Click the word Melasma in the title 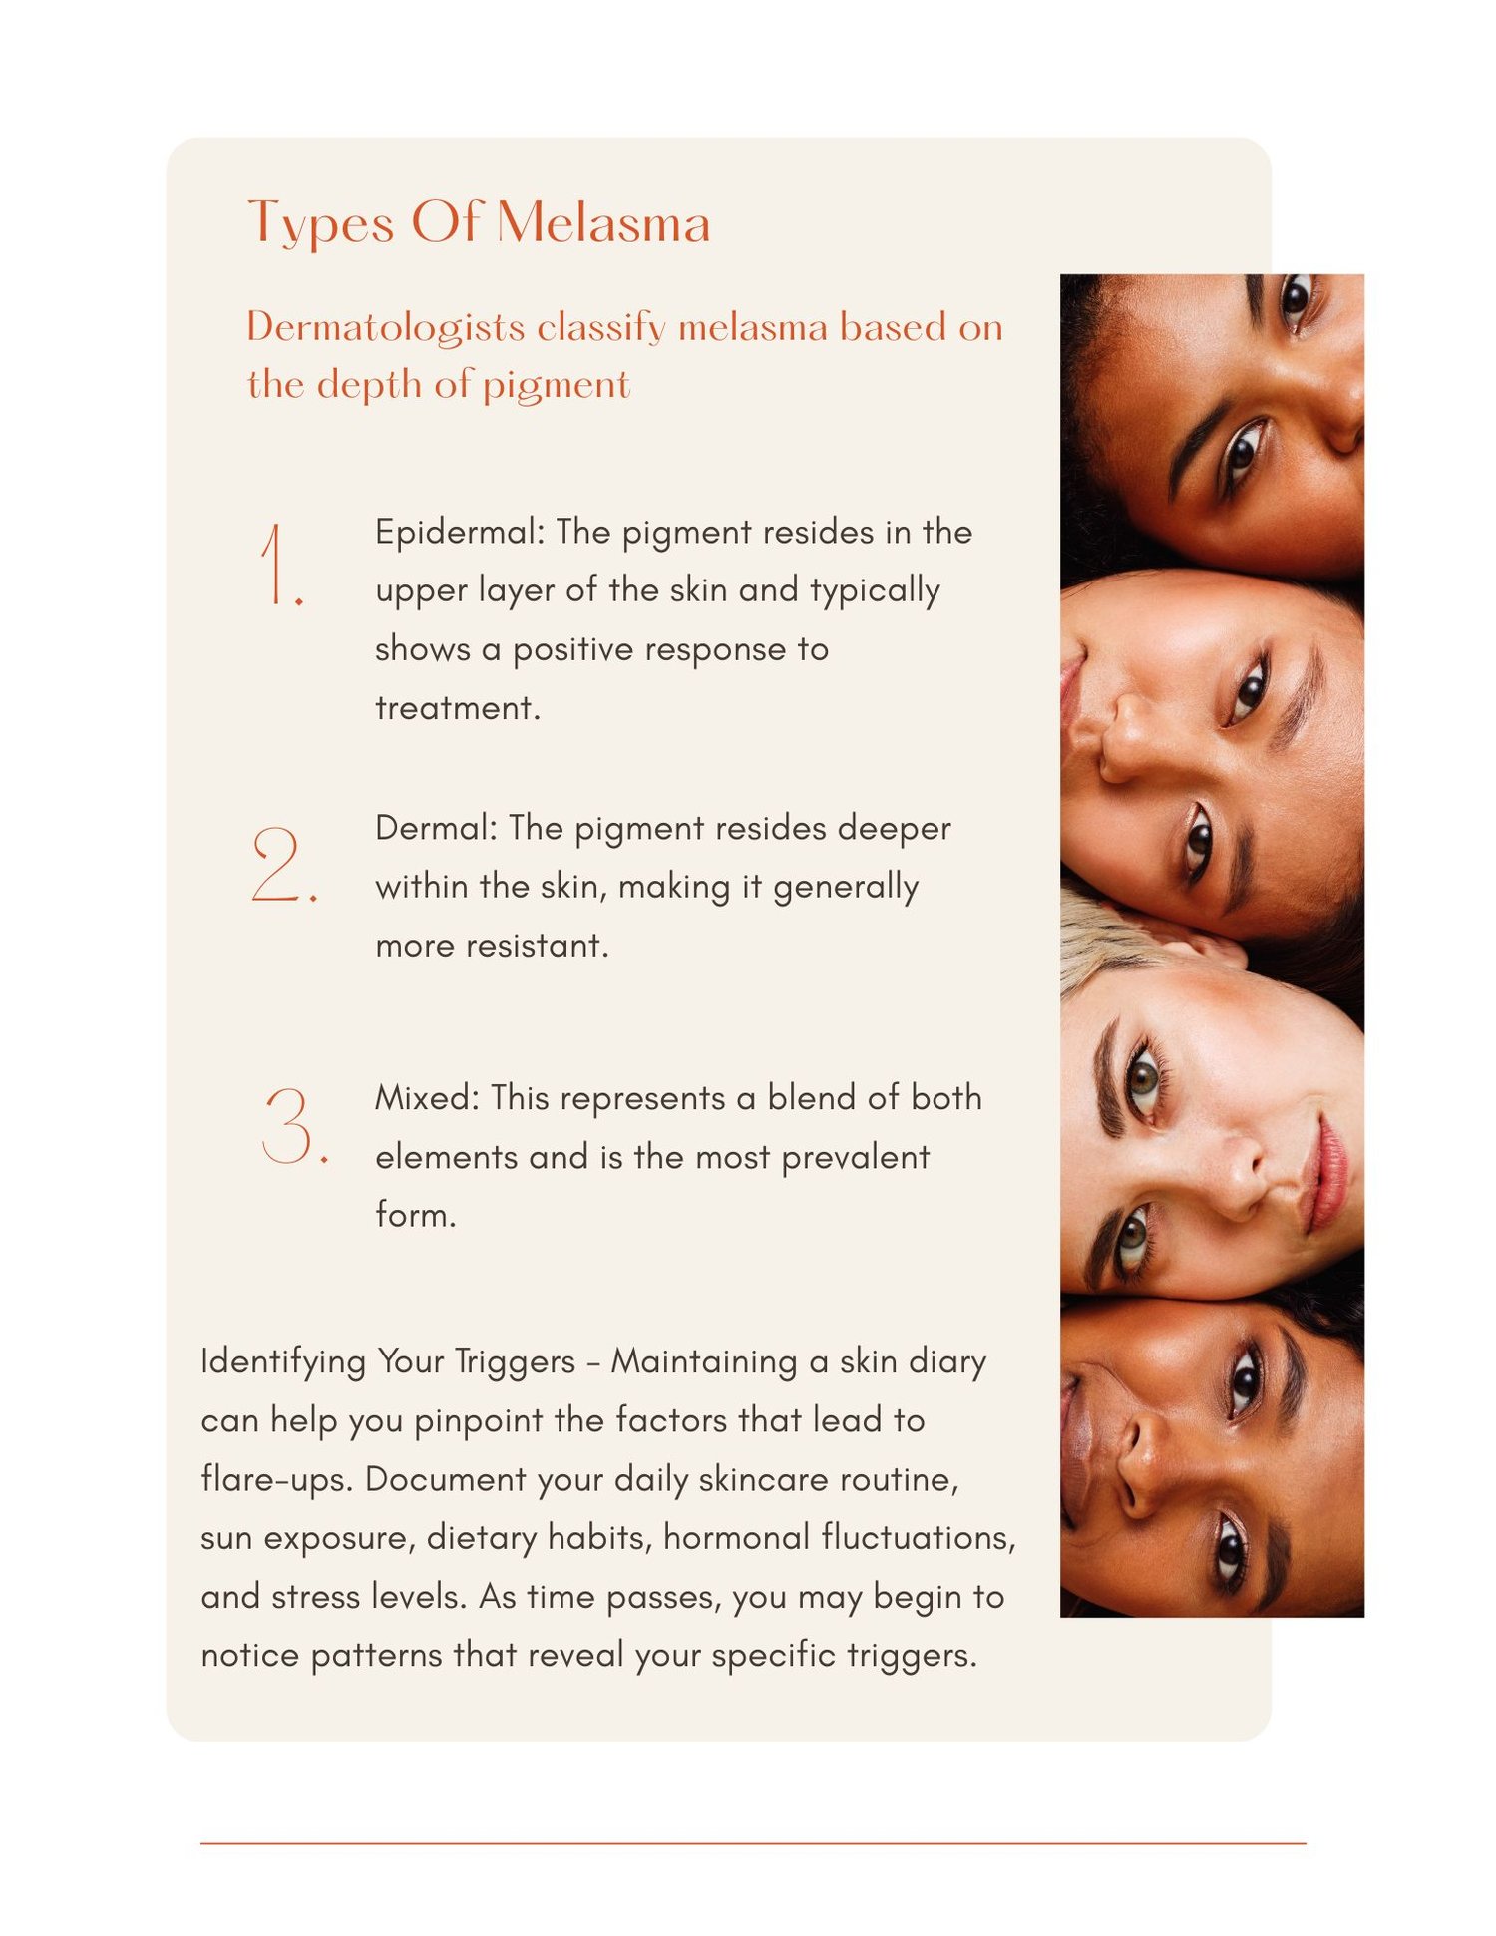click(603, 221)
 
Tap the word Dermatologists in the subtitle click(386, 328)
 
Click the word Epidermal click(459, 532)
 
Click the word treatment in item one click(457, 707)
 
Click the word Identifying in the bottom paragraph click(283, 1362)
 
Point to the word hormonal click(736, 1537)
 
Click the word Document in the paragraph click(444, 1478)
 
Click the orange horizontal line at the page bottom click(753, 1843)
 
